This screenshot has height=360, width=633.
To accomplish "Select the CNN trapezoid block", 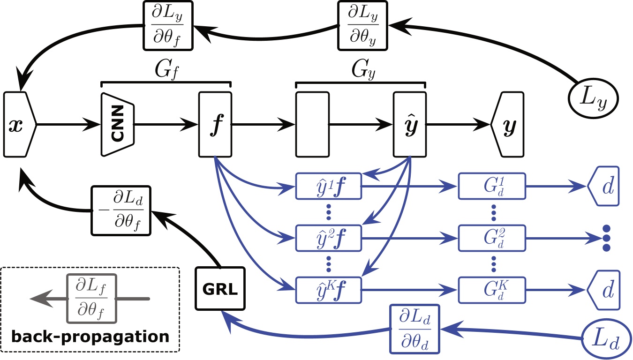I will [x=118, y=124].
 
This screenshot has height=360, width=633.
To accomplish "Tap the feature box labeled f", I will [x=215, y=124].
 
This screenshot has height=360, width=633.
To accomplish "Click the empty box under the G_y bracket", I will [x=312, y=124].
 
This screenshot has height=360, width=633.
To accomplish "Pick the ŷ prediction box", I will [x=410, y=124].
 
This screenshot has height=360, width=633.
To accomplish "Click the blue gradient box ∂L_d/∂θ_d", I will [x=415, y=329].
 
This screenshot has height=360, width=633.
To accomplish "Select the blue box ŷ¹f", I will [x=328, y=186].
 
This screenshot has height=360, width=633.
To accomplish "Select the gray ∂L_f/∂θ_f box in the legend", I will [x=91, y=299].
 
